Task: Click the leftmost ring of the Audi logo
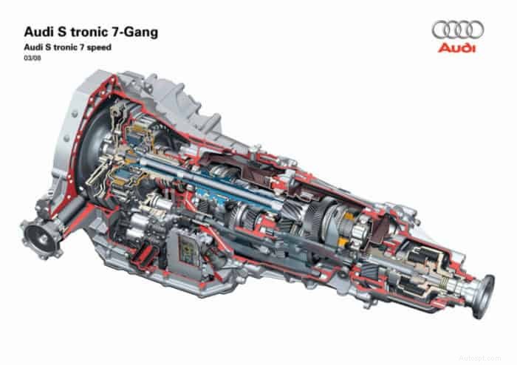pos(442,30)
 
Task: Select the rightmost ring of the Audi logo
pos(475,30)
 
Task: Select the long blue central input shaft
pos(222,177)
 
